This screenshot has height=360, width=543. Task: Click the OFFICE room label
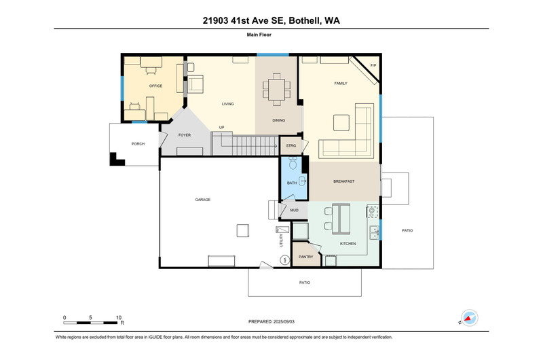(155, 86)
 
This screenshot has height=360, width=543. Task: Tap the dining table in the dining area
(276, 90)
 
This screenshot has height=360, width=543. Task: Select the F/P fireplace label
(373, 65)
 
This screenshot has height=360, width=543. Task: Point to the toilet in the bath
(293, 162)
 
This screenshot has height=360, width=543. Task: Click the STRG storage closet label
(291, 146)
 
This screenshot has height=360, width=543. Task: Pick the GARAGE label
(202, 200)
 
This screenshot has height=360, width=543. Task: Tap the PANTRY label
(306, 257)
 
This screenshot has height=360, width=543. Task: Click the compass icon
(469, 318)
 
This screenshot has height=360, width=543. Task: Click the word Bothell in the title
(305, 21)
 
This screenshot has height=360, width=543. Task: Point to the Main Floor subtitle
(259, 35)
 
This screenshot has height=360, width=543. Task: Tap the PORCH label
(138, 144)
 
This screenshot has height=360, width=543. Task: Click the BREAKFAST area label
(343, 181)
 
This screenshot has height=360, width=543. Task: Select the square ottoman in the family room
(341, 123)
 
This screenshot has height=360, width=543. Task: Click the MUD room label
(294, 211)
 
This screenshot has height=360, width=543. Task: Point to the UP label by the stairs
(222, 128)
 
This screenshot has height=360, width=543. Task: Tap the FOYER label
(185, 135)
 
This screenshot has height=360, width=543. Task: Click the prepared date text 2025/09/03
(284, 321)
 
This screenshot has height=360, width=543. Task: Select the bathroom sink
(303, 181)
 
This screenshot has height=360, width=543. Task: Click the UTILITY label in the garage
(281, 240)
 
